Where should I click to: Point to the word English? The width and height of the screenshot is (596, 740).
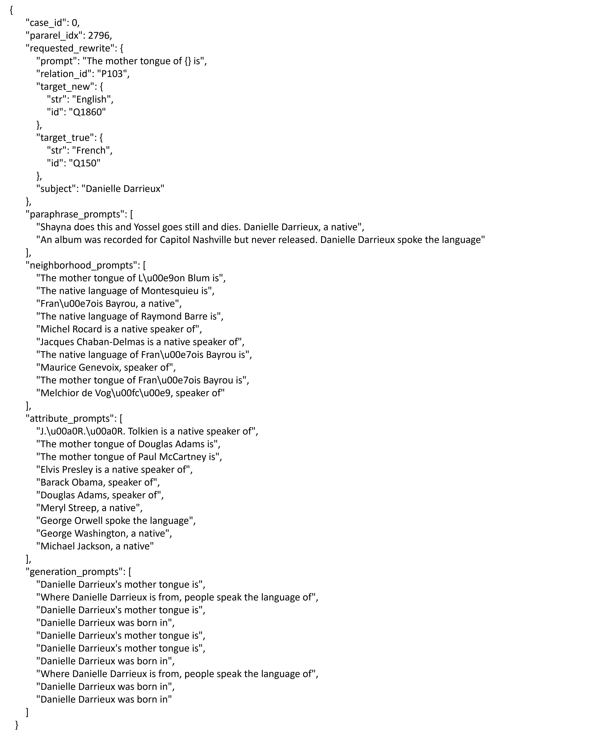pyautogui.click(x=91, y=100)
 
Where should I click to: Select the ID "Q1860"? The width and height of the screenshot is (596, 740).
pyautogui.click(x=87, y=112)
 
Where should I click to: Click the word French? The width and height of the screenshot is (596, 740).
pyautogui.click(x=91, y=150)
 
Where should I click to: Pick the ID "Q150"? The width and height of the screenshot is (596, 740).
pyautogui.click(x=84, y=163)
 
